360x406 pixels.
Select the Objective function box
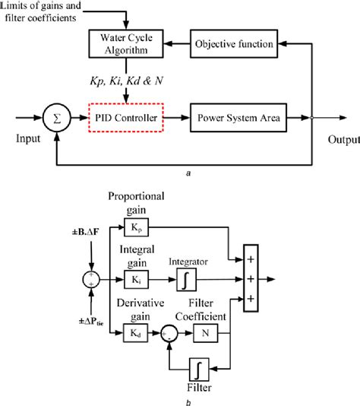coord(231,44)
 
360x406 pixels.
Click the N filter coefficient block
coord(205,331)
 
